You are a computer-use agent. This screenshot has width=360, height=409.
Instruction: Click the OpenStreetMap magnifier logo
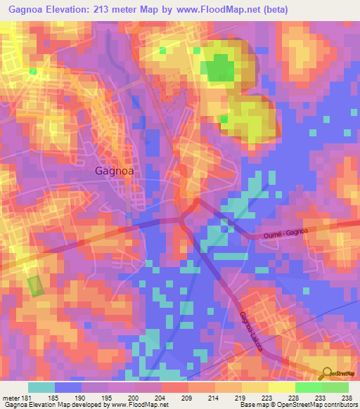point(326,374)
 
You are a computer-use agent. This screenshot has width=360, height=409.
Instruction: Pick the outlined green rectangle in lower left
point(35,286)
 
